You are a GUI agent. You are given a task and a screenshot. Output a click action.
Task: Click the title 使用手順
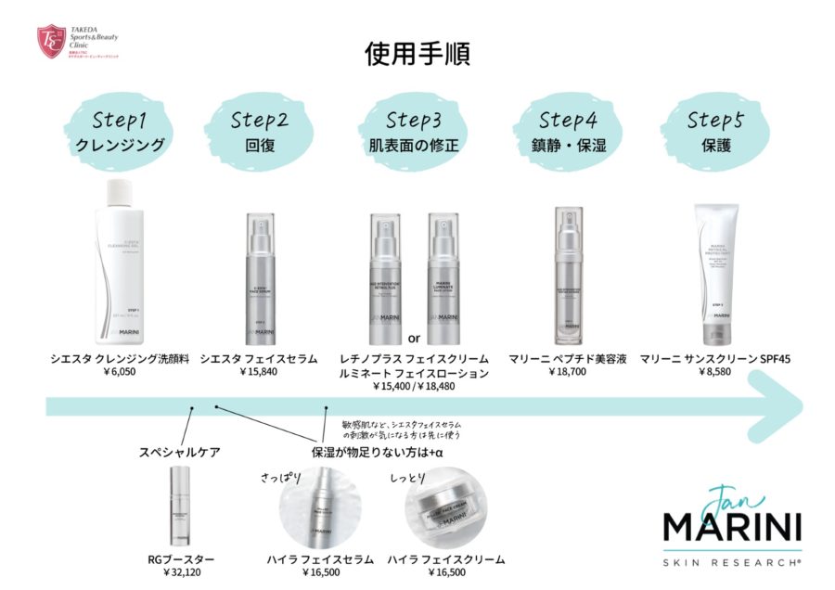pos(417,52)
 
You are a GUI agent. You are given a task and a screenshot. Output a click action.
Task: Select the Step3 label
pos(418,120)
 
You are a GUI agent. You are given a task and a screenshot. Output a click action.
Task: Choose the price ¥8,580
pos(714,372)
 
